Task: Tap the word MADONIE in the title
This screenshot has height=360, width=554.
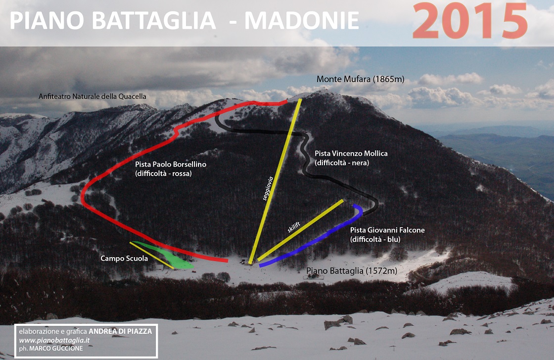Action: click(302, 20)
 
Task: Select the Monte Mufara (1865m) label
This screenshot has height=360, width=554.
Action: click(361, 79)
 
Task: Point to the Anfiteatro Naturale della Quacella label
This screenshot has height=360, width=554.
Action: click(92, 96)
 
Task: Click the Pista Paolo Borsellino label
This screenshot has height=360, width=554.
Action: click(171, 164)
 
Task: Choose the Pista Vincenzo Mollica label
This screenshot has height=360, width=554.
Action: click(351, 153)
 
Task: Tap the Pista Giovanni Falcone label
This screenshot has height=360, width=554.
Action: click(387, 230)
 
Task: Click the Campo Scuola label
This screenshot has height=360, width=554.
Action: click(124, 259)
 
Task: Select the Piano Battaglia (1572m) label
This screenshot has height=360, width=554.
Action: click(352, 271)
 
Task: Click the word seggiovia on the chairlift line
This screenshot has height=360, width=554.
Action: click(269, 189)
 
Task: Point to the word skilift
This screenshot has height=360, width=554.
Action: click(294, 227)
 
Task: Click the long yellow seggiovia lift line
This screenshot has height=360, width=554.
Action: click(275, 181)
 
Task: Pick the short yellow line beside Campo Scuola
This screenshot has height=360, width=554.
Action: click(151, 256)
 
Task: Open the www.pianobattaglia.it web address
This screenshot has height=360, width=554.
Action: click(54, 340)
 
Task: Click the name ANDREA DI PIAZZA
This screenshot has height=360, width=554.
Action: click(120, 331)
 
